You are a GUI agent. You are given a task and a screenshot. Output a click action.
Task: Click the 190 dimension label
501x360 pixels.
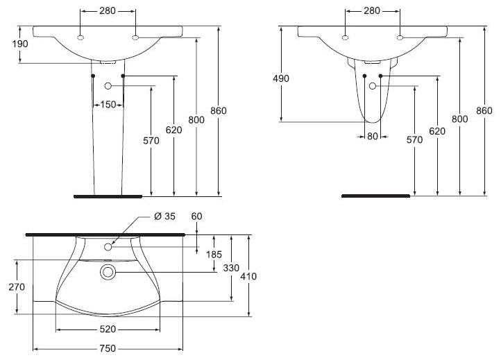tap(20, 44)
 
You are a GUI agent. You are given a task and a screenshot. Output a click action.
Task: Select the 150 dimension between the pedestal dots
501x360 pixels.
tap(108, 105)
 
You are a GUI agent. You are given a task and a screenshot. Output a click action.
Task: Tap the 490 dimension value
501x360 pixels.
tap(281, 78)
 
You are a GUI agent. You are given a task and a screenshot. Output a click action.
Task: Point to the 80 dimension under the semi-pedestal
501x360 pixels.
tap(373, 137)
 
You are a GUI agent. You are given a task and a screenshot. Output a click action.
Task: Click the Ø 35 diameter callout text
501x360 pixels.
tap(164, 216)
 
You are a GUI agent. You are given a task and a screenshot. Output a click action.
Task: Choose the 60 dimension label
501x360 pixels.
tap(197, 216)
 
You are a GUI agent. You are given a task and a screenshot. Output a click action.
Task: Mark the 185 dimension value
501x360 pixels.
tap(214, 255)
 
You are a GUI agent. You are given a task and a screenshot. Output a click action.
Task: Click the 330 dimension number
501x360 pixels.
tap(231, 268)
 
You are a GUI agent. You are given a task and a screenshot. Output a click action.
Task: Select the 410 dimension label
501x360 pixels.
tap(248, 276)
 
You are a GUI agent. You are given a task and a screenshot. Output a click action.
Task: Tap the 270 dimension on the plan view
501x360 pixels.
tap(17, 287)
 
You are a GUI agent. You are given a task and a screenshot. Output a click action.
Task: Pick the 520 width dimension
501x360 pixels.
tap(108, 329)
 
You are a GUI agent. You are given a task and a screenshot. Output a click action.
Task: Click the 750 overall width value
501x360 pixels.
tap(108, 348)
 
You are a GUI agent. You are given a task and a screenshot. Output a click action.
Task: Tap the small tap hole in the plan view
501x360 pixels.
tap(108, 247)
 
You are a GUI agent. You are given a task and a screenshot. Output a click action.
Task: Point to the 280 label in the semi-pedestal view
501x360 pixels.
tap(372, 10)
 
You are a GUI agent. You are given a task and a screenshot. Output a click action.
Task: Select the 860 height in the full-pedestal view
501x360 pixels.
tap(219, 110)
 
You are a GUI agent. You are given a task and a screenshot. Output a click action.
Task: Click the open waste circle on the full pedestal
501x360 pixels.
tap(108, 85)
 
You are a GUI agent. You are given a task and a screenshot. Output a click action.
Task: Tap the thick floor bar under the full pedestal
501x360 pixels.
tap(108, 196)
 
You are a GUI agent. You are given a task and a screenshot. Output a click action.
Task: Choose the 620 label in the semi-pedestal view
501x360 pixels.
tap(437, 131)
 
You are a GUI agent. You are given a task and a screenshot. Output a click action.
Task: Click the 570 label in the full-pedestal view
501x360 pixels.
tap(151, 141)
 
